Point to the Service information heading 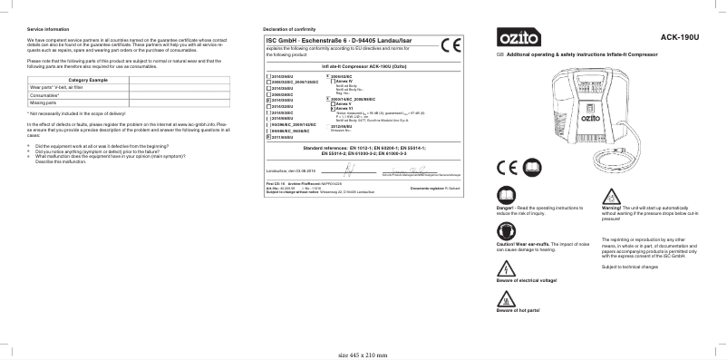click(47, 30)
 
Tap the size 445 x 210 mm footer click(363, 355)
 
